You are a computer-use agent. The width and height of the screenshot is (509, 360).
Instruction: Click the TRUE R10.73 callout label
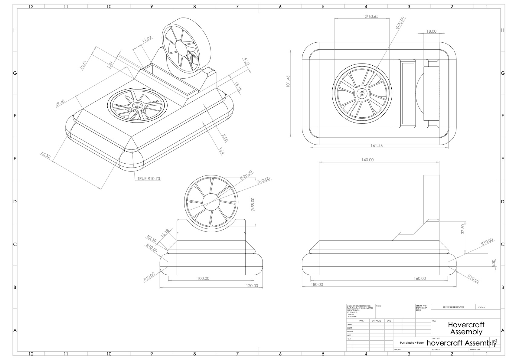[x=148, y=178]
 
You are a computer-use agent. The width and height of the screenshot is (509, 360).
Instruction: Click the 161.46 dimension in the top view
[x=377, y=146]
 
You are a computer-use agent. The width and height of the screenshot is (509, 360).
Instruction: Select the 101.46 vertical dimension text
[x=288, y=81]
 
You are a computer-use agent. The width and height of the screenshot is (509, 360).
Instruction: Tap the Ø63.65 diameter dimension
[x=371, y=16]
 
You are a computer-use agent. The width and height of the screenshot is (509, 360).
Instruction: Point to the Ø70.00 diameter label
[x=400, y=23]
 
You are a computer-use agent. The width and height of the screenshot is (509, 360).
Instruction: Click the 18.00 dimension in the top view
[x=431, y=31]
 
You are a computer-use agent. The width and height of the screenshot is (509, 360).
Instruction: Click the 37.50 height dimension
[x=462, y=229]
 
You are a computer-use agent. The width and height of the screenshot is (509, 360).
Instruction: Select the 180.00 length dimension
[x=317, y=284]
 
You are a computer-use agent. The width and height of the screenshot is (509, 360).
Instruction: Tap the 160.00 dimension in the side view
[x=419, y=278]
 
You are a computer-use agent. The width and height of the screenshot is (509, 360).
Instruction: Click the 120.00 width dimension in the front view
[x=252, y=286]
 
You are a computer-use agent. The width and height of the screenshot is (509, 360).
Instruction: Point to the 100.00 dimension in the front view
[x=203, y=278]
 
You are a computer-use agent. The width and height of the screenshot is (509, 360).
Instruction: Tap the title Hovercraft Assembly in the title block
[x=466, y=328]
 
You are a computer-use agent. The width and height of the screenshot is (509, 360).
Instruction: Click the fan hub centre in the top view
[x=362, y=93]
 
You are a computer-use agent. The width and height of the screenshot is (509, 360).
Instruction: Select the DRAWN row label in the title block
[x=350, y=324]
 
